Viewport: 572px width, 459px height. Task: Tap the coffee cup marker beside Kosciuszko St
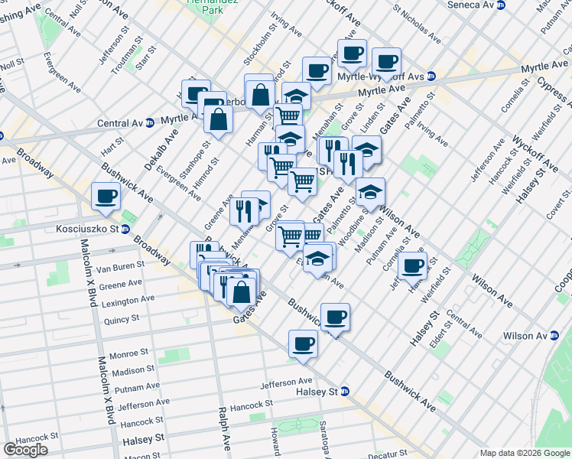(105, 196)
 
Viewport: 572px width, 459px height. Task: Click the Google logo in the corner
(25, 450)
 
